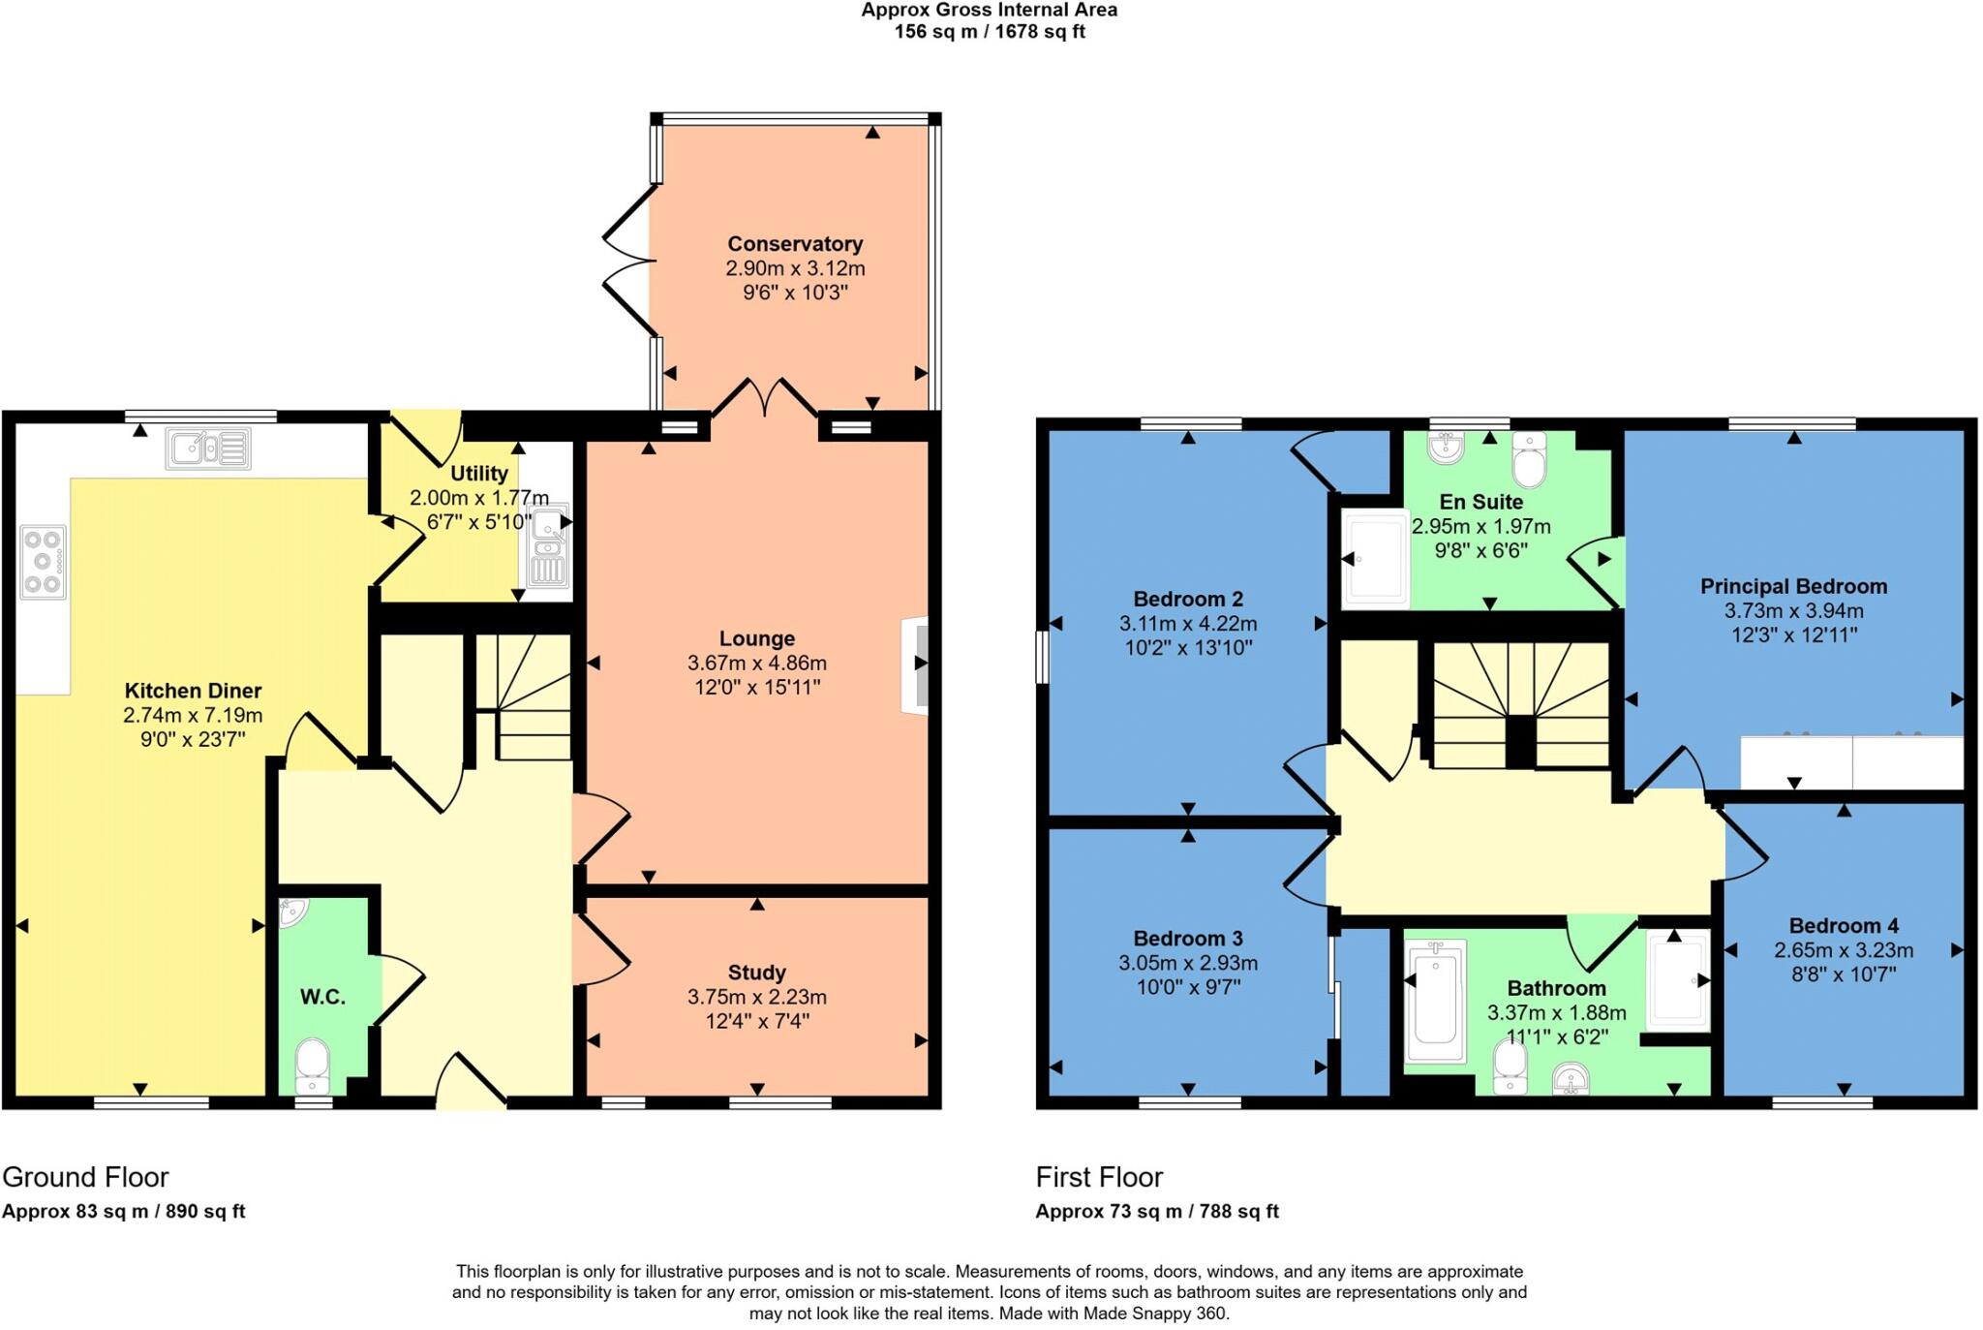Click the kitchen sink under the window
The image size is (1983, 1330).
208,449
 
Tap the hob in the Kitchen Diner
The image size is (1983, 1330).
43,562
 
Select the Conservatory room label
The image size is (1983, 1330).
795,244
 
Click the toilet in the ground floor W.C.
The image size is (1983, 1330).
312,1066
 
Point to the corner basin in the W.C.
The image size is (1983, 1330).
291,911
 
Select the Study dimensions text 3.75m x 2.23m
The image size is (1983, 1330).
757,997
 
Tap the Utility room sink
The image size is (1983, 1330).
548,547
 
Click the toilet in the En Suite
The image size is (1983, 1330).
1529,460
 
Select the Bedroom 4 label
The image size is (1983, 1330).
1844,925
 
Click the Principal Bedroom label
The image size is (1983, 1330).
1793,586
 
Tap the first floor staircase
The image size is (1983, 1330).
1520,707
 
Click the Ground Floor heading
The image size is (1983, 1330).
85,1177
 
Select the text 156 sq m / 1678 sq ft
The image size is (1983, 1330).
990,32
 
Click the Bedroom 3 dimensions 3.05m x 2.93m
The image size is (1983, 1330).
1188,963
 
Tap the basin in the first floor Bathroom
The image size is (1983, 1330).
1571,1078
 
